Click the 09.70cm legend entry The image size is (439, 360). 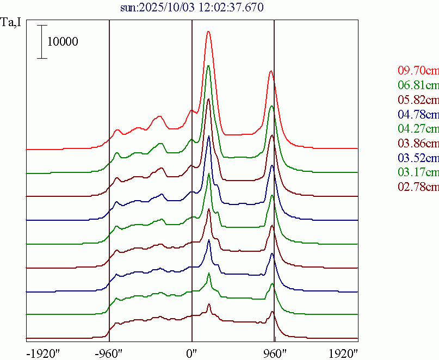click(x=418, y=70)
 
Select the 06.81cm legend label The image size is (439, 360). click(x=418, y=85)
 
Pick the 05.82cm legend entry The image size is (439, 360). click(x=418, y=100)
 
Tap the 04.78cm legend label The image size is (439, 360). click(x=418, y=114)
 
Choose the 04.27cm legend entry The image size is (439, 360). click(x=418, y=129)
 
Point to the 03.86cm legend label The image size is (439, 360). click(x=418, y=144)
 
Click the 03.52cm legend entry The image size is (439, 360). click(x=418, y=158)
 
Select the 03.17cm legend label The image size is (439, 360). click(x=418, y=173)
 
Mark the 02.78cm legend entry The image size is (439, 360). click(x=418, y=188)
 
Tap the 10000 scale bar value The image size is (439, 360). click(x=63, y=41)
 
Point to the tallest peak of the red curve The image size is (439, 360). click(x=208, y=32)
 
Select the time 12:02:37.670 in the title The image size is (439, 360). click(x=225, y=8)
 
